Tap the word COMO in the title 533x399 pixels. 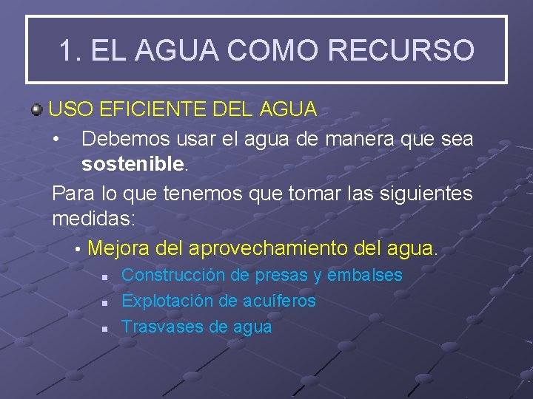point(274,50)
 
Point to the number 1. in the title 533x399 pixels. point(70,50)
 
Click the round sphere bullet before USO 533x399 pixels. point(36,111)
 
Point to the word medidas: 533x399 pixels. point(93,219)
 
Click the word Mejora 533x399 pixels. point(119,248)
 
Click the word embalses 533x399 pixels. point(364,275)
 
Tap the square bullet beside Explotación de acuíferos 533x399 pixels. point(105,302)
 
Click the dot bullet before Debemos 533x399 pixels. point(56,140)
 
